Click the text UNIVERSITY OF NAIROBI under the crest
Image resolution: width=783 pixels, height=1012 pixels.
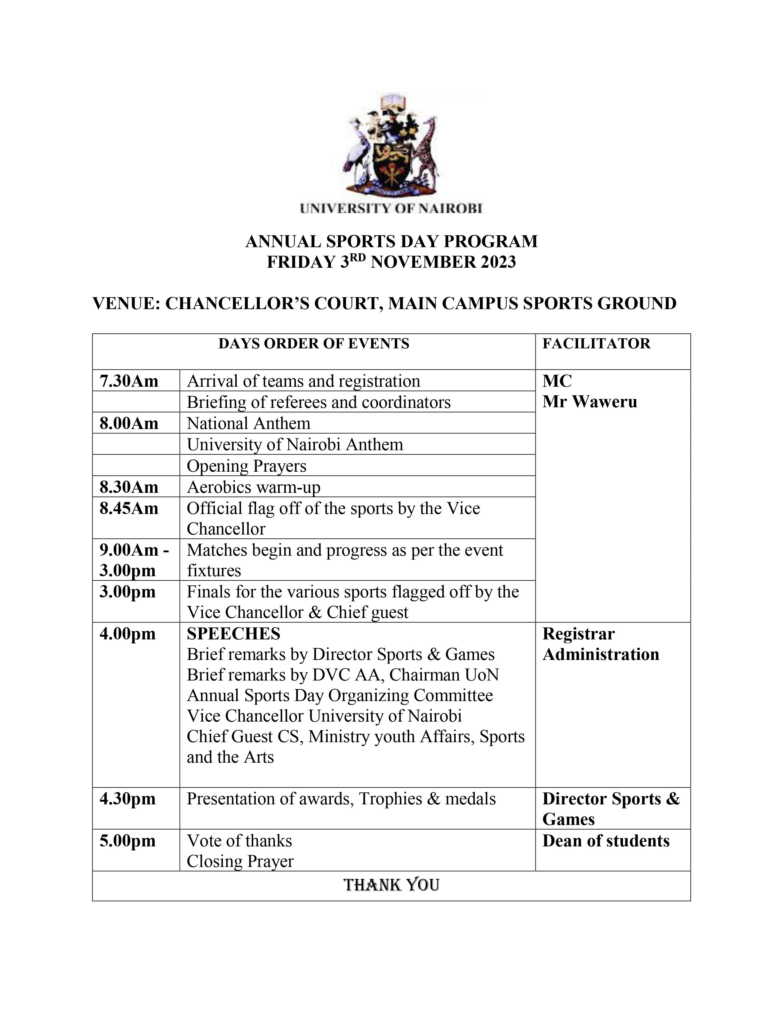391,209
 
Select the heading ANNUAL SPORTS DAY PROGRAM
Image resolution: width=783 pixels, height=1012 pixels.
391,241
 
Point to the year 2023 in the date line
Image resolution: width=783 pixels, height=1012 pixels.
498,262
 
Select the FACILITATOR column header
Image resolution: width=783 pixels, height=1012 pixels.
596,343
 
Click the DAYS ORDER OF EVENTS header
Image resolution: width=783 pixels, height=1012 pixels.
314,343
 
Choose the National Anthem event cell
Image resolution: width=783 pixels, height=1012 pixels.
249,423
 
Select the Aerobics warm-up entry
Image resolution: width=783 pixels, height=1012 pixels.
253,487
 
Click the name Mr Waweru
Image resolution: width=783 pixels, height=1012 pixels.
590,402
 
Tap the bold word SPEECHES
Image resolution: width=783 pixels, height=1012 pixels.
233,634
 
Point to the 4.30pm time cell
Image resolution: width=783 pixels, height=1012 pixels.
127,799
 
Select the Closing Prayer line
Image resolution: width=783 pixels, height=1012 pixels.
240,861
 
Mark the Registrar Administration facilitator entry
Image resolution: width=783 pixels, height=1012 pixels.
600,644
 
